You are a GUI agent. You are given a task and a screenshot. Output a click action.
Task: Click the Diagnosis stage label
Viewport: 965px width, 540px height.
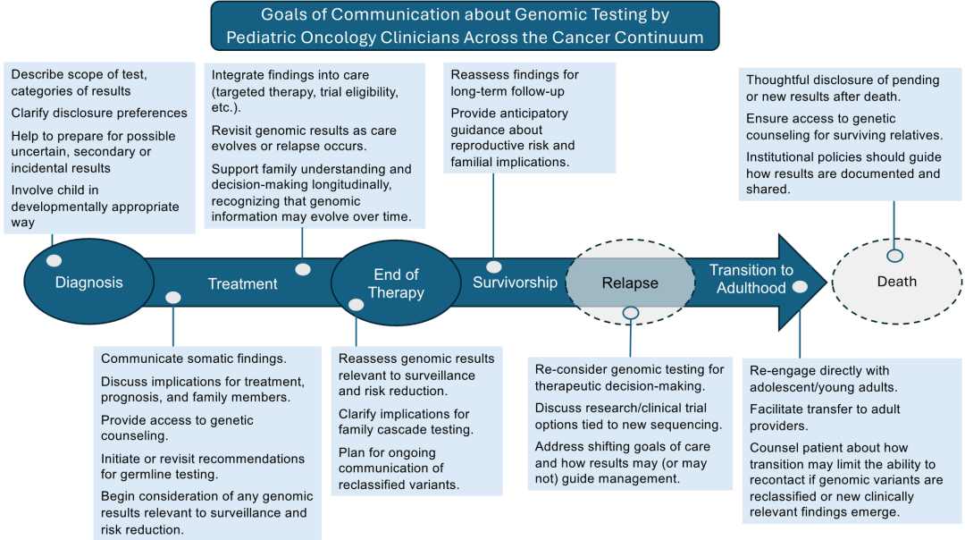pos(89,283)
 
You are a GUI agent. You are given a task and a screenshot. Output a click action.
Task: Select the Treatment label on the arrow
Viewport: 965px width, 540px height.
pos(242,283)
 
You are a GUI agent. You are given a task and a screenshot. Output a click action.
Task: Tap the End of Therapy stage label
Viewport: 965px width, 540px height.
pos(397,283)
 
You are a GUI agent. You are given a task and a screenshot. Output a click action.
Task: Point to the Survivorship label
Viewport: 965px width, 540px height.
pos(516,283)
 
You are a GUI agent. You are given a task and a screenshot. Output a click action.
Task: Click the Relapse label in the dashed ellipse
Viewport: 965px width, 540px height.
pos(630,283)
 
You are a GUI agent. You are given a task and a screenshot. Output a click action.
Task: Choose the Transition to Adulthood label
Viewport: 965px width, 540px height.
pos(751,279)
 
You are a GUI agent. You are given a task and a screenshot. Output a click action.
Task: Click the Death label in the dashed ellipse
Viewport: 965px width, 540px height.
pos(897,282)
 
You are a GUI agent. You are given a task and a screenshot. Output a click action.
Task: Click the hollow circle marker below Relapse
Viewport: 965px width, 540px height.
pos(630,313)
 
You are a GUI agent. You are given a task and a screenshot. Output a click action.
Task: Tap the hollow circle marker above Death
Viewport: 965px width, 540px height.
pos(894,256)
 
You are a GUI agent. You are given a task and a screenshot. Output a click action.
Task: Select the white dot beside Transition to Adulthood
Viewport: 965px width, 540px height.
pos(800,286)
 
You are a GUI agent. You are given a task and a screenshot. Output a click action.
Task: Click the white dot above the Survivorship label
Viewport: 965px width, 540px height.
pos(493,266)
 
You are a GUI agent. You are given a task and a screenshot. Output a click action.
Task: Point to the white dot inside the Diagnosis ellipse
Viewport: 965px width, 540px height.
pos(55,260)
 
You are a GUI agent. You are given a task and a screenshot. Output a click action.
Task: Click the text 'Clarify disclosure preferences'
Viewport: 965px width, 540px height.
pos(99,113)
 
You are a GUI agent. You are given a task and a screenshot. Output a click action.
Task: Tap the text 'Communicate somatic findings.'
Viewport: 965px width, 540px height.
pos(193,359)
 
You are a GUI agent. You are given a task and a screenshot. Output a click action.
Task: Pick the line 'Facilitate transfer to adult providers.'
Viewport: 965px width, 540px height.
pos(825,417)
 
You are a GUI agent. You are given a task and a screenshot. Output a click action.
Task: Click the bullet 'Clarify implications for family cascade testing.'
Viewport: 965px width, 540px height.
pos(406,422)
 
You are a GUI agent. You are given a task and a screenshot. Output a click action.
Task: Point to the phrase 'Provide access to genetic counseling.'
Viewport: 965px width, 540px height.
pos(177,428)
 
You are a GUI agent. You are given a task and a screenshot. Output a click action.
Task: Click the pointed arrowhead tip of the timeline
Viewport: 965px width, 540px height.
pos(827,283)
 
